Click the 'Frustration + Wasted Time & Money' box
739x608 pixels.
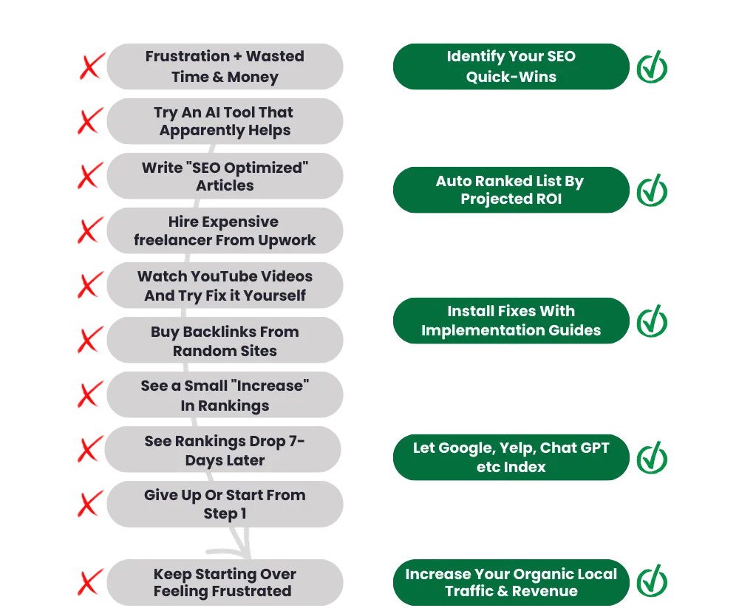(x=225, y=66)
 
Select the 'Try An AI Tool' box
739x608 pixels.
(x=225, y=121)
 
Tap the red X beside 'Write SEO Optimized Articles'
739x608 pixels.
(x=89, y=177)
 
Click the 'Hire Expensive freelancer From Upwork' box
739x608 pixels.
(x=225, y=231)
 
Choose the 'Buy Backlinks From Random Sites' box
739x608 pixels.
(x=225, y=341)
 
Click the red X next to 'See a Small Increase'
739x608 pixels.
(x=89, y=395)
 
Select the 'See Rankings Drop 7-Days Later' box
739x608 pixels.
(x=225, y=450)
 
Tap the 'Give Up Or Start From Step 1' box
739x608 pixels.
(x=225, y=504)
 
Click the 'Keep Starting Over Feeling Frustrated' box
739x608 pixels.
(x=225, y=582)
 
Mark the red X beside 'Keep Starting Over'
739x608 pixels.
(x=89, y=582)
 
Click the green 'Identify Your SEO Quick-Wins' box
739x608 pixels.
(x=511, y=66)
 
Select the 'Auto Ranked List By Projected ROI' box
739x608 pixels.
(x=511, y=190)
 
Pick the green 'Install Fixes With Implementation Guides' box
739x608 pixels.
(x=511, y=321)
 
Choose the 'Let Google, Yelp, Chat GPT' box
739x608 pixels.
(x=511, y=457)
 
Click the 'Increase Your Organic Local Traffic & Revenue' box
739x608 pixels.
(x=511, y=582)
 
